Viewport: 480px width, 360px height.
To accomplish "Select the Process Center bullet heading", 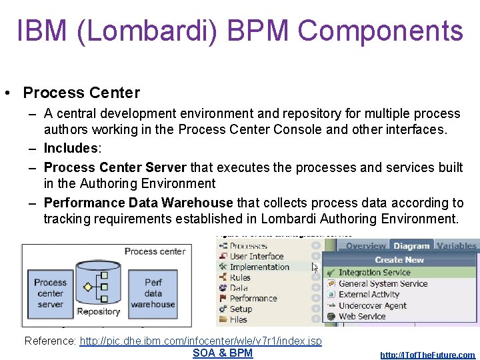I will tap(81, 93).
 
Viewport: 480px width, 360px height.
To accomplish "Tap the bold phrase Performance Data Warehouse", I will tap(138, 203).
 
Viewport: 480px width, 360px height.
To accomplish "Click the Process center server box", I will tap(51, 293).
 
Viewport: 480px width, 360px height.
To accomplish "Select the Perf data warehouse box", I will tap(153, 293).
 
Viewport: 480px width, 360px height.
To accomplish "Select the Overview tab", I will tap(366, 246).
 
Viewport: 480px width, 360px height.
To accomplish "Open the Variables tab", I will tap(457, 246).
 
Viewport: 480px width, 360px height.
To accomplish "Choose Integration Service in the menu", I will tap(374, 272).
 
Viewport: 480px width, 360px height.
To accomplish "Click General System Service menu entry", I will tap(383, 283).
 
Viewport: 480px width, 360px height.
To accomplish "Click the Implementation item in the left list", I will tap(259, 267).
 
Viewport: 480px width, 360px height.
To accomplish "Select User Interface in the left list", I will tap(257, 256).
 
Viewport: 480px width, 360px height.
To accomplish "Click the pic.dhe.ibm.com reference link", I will tap(200, 341).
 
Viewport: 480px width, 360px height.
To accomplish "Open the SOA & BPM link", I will tap(223, 353).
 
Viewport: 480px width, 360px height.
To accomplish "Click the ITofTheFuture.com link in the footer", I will tap(427, 355).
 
